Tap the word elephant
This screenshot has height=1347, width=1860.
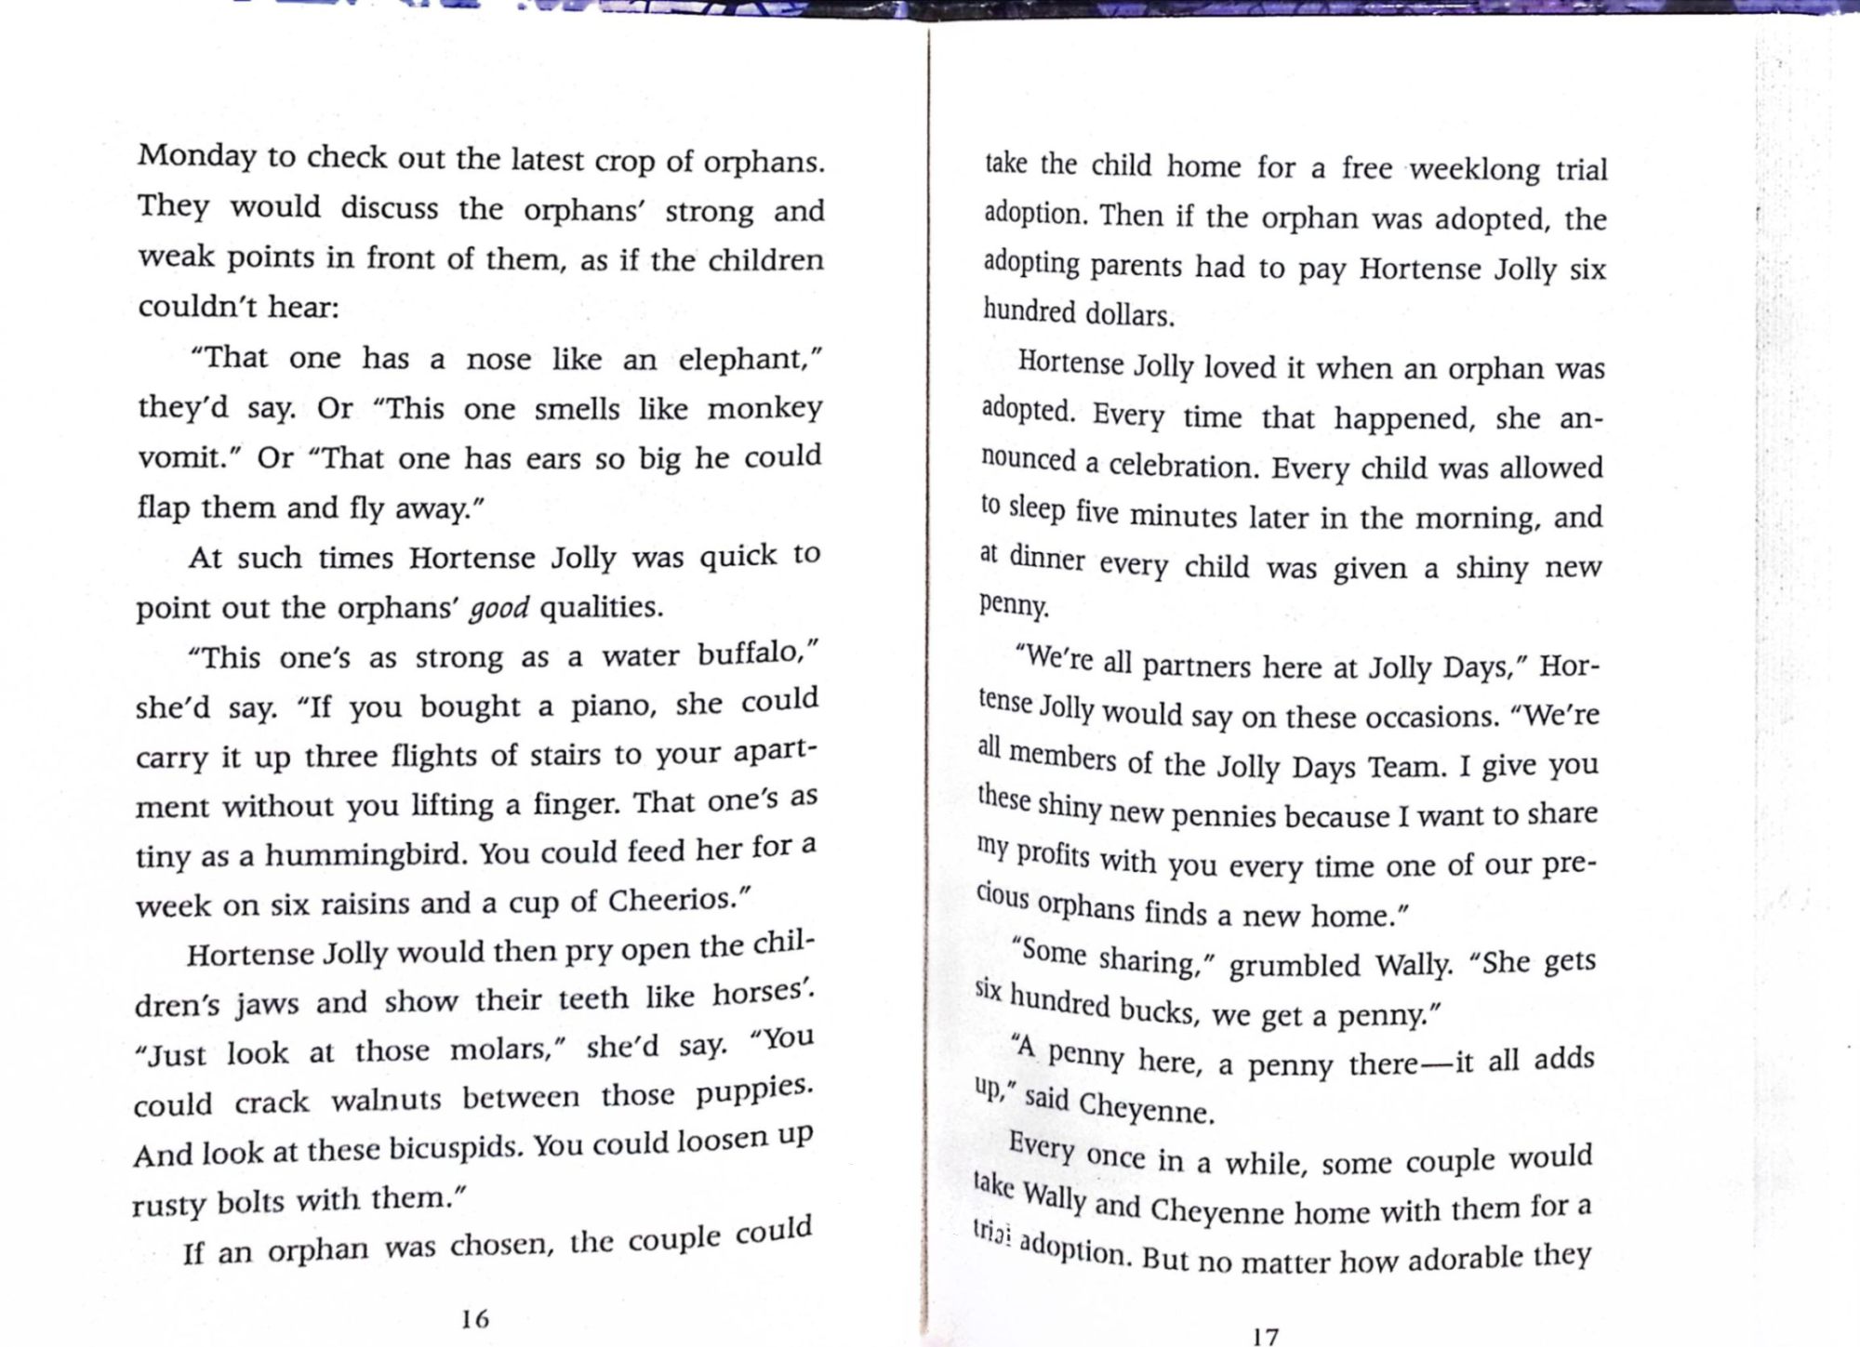749,359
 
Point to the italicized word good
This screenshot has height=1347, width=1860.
498,609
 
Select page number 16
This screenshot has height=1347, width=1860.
474,1318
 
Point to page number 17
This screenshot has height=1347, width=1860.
1266,1336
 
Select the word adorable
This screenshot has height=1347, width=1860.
1467,1260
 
